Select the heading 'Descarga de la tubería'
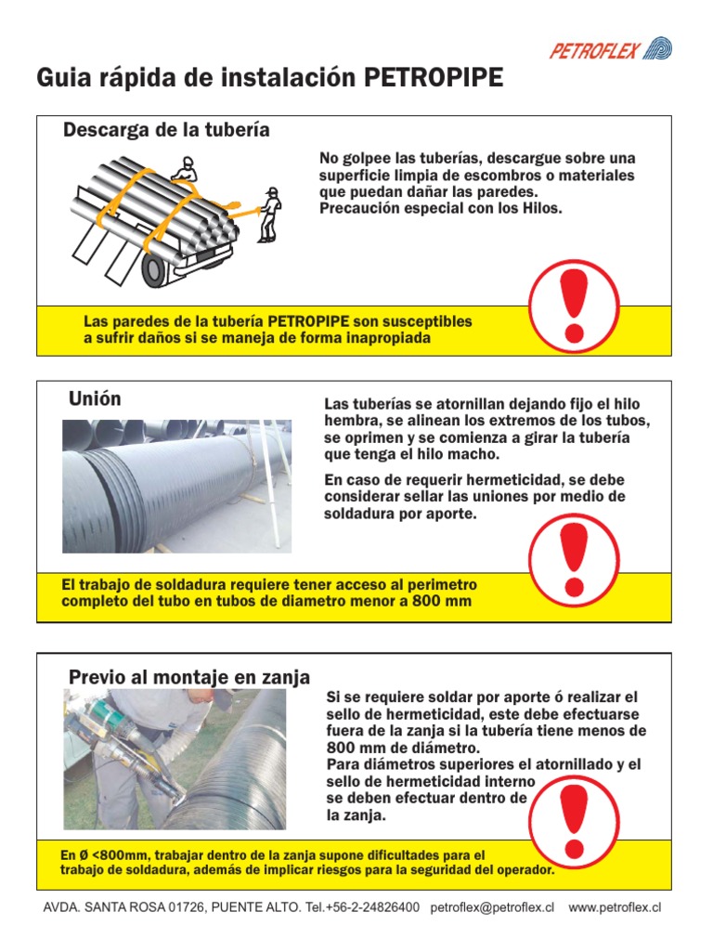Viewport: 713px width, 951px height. pos(166,130)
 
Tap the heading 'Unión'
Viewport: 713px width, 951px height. pos(95,399)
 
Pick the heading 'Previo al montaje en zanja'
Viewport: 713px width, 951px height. pos(189,677)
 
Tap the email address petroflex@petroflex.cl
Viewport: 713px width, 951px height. pos(492,907)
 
